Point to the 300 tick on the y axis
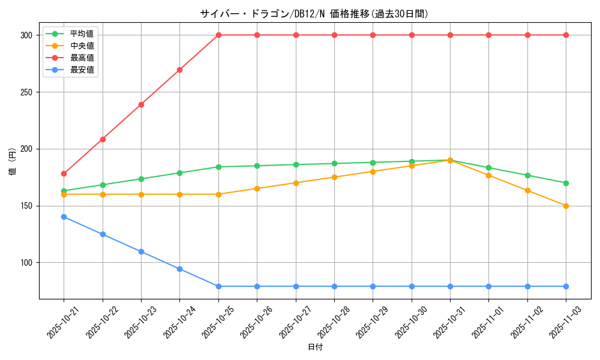pos(26,35)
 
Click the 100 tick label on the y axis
pos(26,263)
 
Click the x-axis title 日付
pos(315,347)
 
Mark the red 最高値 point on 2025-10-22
pos(103,139)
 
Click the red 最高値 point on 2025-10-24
pos(179,70)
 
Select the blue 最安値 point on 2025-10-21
pos(64,217)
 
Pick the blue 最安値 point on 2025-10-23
pos(141,251)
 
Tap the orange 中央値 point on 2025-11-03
pos(566,206)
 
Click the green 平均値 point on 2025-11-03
pos(566,183)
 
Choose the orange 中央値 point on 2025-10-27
pos(296,183)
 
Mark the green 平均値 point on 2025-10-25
pos(218,167)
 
